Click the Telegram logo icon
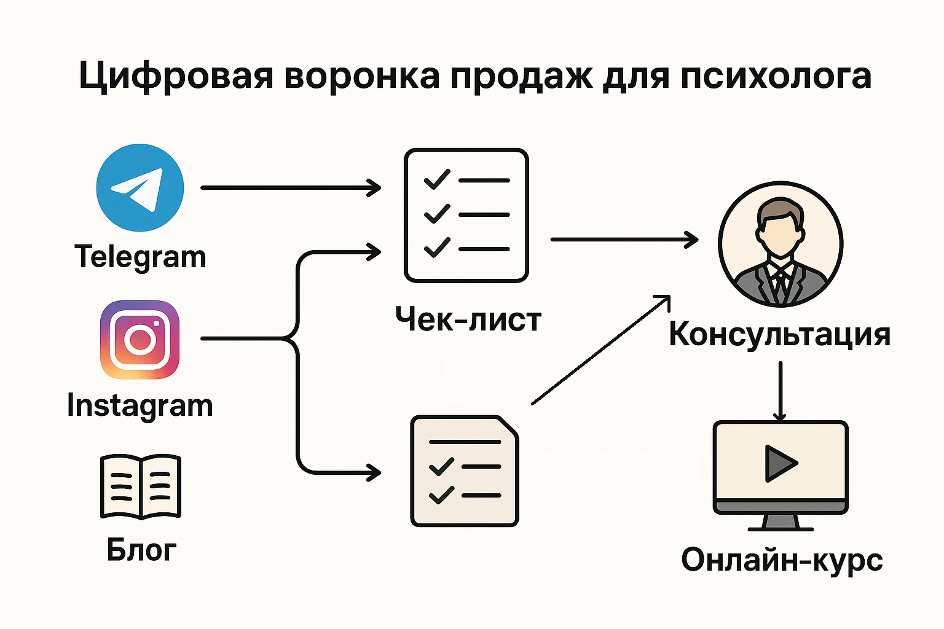point(140,187)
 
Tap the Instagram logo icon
point(140,339)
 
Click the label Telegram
point(140,257)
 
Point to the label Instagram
point(140,406)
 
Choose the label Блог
point(141,550)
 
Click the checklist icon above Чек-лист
point(466,215)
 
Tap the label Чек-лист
point(468,320)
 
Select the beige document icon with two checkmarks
point(465,471)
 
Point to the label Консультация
point(779,335)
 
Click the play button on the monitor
point(779,463)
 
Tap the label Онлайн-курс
point(782,560)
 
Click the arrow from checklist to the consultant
point(624,239)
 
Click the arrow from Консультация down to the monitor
point(780,391)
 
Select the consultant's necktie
point(781,283)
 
